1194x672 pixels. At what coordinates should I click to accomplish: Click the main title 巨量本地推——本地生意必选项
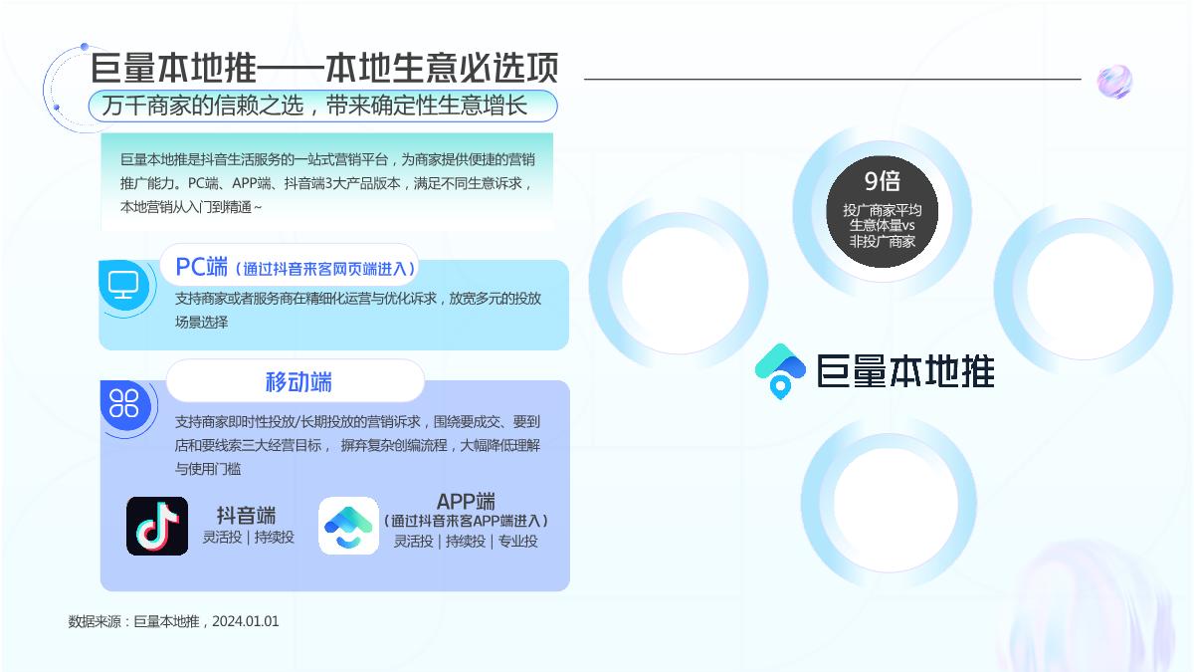324,68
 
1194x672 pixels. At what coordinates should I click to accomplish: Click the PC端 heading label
201,267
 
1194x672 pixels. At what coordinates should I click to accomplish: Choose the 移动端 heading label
298,382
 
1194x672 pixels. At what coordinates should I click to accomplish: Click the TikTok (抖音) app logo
157,526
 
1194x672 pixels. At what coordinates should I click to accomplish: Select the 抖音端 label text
247,515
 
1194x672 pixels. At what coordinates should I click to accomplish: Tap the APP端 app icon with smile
348,526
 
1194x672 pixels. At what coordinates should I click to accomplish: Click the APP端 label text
466,502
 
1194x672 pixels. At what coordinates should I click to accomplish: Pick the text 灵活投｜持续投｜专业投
466,542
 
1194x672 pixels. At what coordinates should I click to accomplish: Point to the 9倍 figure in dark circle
882,181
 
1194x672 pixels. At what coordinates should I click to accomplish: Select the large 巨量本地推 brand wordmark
904,370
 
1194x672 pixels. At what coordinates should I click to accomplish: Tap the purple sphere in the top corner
1114,82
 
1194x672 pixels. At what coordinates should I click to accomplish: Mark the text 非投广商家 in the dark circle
882,241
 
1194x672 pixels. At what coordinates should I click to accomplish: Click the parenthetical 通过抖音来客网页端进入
326,269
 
